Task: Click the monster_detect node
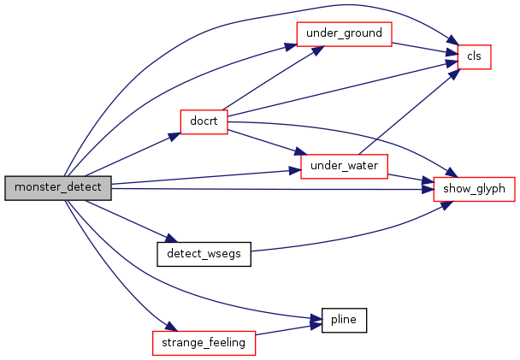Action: (x=58, y=188)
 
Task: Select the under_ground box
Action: (x=344, y=34)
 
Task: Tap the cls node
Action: (x=474, y=57)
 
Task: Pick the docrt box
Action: (x=204, y=122)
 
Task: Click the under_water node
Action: (x=344, y=167)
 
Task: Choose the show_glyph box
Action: (x=474, y=189)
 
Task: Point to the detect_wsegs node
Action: (x=204, y=254)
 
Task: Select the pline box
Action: (x=344, y=320)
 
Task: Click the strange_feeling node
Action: (x=204, y=343)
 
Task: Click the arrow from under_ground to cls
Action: (x=425, y=49)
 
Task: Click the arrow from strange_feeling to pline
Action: (x=288, y=329)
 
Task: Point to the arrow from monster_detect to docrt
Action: (x=133, y=155)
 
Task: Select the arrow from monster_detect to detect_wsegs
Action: (x=132, y=221)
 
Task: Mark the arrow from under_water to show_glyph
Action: (x=411, y=179)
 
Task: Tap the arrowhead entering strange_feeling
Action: (x=172, y=327)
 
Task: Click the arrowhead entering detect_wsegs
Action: (x=172, y=239)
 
